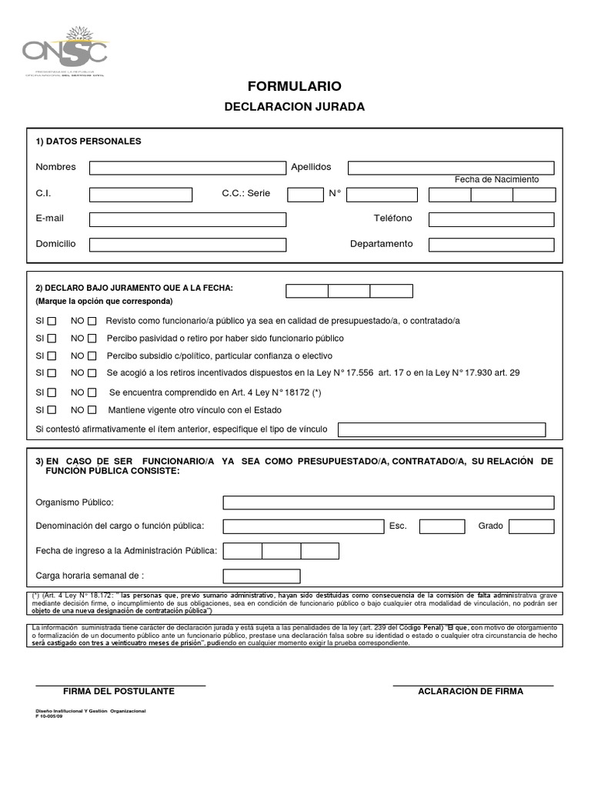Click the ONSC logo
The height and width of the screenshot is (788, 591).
click(x=66, y=51)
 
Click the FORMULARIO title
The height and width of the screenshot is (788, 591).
click(x=295, y=86)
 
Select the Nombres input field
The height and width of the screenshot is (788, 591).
click(x=187, y=168)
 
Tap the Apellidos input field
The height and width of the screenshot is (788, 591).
click(x=451, y=168)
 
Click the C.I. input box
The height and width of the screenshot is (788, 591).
click(x=140, y=194)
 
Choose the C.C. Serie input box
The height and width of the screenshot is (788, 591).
click(x=305, y=194)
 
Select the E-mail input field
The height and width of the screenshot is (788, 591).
click(x=187, y=219)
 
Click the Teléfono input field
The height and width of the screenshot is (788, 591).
click(x=491, y=219)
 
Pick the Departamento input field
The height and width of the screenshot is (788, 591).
click(x=491, y=245)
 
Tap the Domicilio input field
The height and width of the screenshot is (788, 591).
click(x=187, y=245)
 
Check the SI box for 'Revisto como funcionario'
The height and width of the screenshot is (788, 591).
click(x=52, y=321)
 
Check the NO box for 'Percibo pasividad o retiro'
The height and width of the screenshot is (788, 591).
click(x=92, y=339)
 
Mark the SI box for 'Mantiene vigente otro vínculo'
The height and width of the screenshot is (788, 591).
click(x=52, y=410)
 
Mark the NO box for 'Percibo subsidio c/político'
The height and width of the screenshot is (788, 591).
click(x=92, y=356)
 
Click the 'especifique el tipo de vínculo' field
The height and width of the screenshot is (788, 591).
click(x=442, y=429)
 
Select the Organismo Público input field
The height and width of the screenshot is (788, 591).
click(x=389, y=503)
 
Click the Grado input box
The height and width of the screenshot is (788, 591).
click(x=531, y=526)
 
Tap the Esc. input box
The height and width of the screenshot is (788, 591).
click(x=442, y=526)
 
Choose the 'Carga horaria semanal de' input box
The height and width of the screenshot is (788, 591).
click(x=262, y=576)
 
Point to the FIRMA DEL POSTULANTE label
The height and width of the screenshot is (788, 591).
click(x=119, y=691)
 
